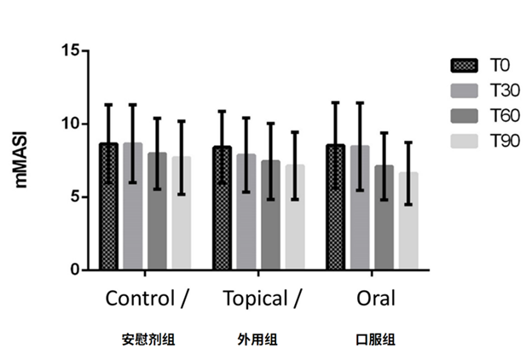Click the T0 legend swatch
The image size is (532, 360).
463,65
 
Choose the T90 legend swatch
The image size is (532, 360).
463,141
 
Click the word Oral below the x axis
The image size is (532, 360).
376,299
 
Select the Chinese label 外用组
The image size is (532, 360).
257,340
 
